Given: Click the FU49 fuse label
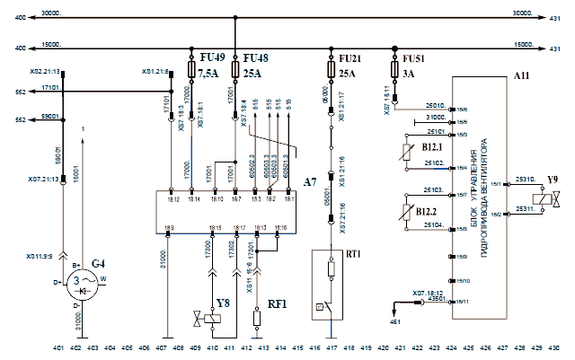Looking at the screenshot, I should point(211,57).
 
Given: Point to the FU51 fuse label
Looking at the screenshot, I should point(413,57).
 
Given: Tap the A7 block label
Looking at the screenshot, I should point(309,182).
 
